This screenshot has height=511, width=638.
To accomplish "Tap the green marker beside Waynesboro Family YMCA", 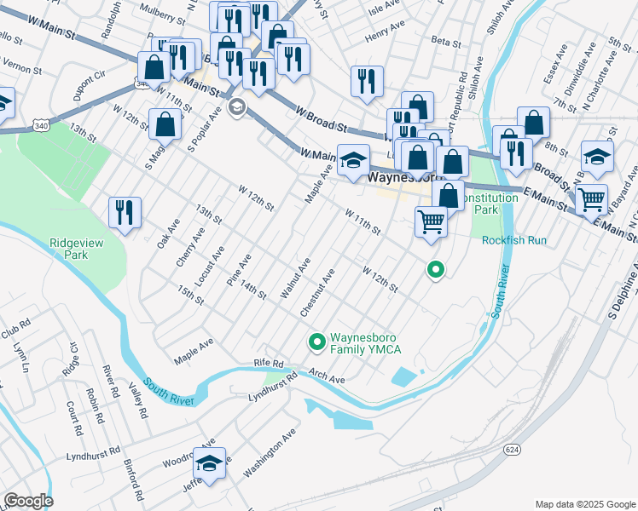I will pos(316,342).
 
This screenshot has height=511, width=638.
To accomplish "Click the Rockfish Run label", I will pos(513,240).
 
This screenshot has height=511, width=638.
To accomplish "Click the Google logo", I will pos(27,501).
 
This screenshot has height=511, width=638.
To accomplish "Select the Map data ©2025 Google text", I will pos(584,503).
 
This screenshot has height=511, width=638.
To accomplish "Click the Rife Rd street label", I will pos(267,364).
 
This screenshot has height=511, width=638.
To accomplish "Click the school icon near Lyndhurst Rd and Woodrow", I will pos(209,463).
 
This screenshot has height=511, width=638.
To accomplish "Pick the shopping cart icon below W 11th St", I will pos(432,221).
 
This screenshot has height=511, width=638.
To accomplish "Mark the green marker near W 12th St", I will pos(435,271).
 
